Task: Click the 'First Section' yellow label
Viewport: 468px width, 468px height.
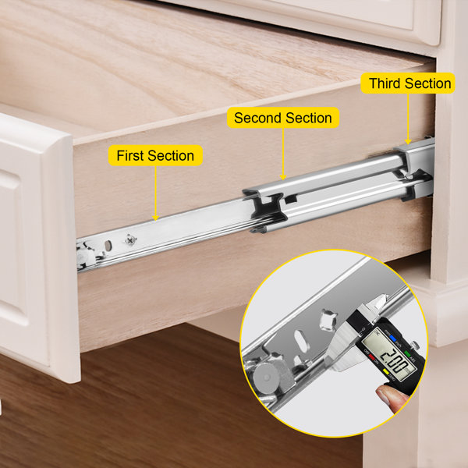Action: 155,156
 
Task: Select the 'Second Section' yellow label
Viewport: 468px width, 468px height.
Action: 282,119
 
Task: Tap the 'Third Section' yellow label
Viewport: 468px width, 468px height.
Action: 410,83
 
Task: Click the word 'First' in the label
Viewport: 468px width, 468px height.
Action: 131,156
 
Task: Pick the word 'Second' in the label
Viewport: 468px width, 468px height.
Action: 258,119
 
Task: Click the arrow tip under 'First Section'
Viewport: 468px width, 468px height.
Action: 155,219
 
